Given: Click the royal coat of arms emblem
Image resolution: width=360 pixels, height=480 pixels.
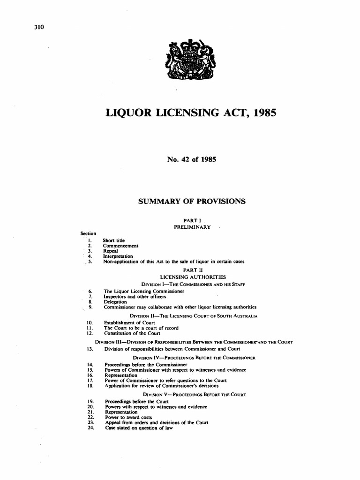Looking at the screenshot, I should coord(190,62).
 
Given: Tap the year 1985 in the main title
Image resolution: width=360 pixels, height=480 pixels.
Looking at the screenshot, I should coord(263,112).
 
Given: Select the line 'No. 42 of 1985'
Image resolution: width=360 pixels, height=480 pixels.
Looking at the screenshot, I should coord(191,159).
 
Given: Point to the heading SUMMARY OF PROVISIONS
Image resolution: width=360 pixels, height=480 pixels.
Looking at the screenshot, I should coord(191,201).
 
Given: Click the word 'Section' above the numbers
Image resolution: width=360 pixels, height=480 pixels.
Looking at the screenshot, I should coord(88,233).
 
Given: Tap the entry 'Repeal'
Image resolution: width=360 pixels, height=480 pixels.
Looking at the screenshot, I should coord(111,251).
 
